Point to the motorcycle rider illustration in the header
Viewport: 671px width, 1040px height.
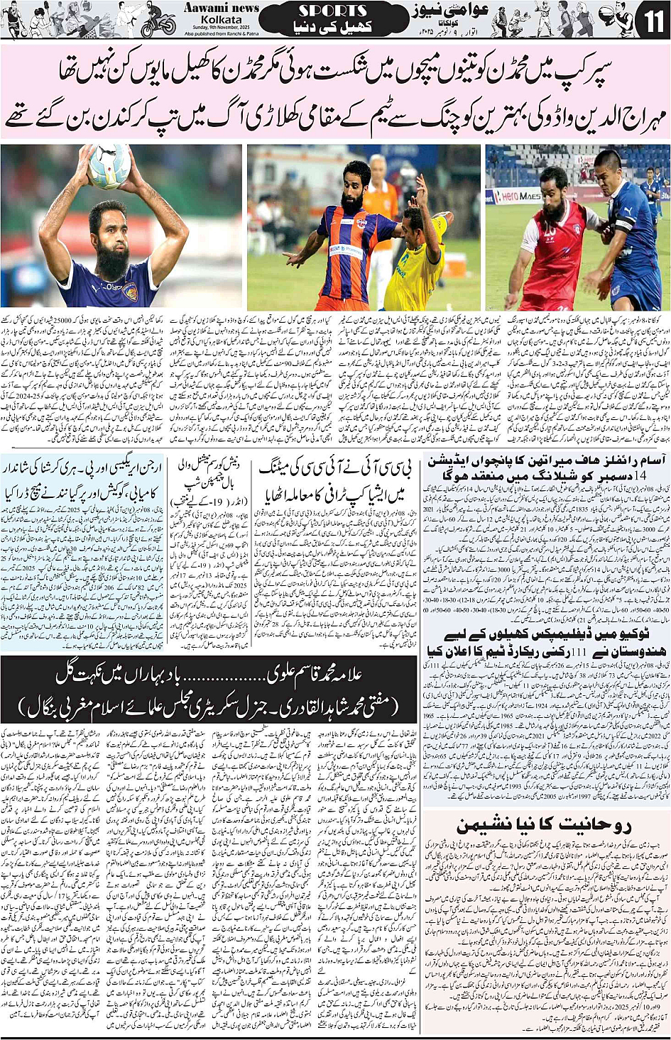click(x=158, y=23)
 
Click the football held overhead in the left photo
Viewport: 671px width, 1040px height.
click(x=109, y=165)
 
